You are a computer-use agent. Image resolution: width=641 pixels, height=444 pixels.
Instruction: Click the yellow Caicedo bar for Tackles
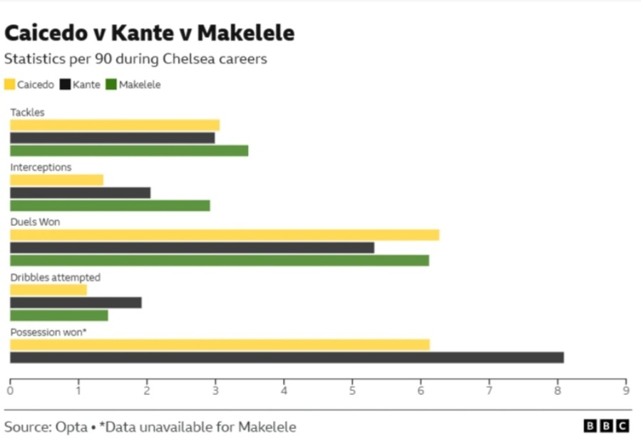114,125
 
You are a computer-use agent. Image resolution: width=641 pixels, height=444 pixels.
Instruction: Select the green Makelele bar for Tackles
128,150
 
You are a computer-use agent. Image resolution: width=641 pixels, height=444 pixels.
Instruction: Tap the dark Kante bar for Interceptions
80,192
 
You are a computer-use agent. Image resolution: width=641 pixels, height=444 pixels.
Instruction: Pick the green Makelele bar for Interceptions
110,205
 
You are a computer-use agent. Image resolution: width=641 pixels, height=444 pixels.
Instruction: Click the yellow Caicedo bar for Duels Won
224,235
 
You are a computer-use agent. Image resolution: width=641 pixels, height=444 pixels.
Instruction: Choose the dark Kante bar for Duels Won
192,248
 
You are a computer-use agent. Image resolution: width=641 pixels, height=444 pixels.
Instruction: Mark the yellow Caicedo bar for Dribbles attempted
48,290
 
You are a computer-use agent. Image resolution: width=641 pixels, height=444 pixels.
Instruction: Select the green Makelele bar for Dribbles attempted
58,315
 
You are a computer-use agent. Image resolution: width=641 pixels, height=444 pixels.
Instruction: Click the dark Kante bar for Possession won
287,357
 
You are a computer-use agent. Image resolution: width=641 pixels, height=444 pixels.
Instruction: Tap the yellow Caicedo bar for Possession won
220,345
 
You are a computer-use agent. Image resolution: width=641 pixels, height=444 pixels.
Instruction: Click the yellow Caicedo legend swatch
10,84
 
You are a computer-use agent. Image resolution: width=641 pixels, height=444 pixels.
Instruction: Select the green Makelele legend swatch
111,84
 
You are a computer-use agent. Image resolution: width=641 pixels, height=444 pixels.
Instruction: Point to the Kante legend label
86,84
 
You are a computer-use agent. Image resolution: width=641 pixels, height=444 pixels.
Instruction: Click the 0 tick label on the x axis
10,391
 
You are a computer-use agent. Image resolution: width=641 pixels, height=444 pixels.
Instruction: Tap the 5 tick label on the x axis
352,391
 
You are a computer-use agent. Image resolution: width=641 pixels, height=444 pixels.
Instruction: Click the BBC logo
606,425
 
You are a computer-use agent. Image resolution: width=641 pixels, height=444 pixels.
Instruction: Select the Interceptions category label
41,167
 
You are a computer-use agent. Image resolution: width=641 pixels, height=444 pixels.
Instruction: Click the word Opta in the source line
73,427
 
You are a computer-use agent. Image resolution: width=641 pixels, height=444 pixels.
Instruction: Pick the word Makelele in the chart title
245,33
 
